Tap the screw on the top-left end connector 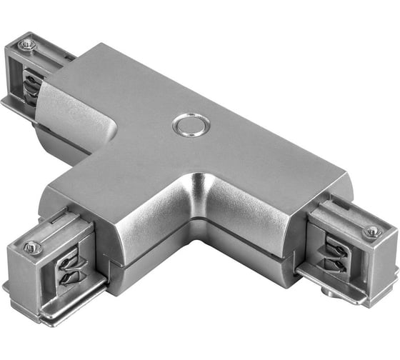tap(27, 45)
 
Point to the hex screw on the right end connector tap(371, 231)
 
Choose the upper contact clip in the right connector tap(336, 247)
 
